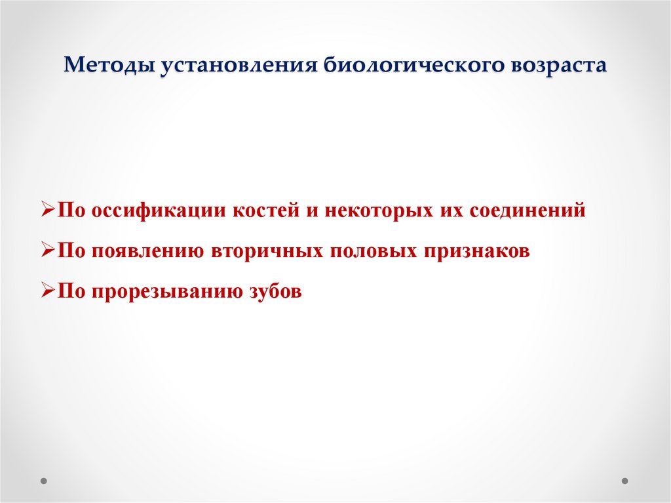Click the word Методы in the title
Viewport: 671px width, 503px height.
(x=107, y=67)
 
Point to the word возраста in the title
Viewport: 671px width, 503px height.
(x=553, y=67)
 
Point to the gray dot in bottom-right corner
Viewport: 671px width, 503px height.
(x=626, y=480)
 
